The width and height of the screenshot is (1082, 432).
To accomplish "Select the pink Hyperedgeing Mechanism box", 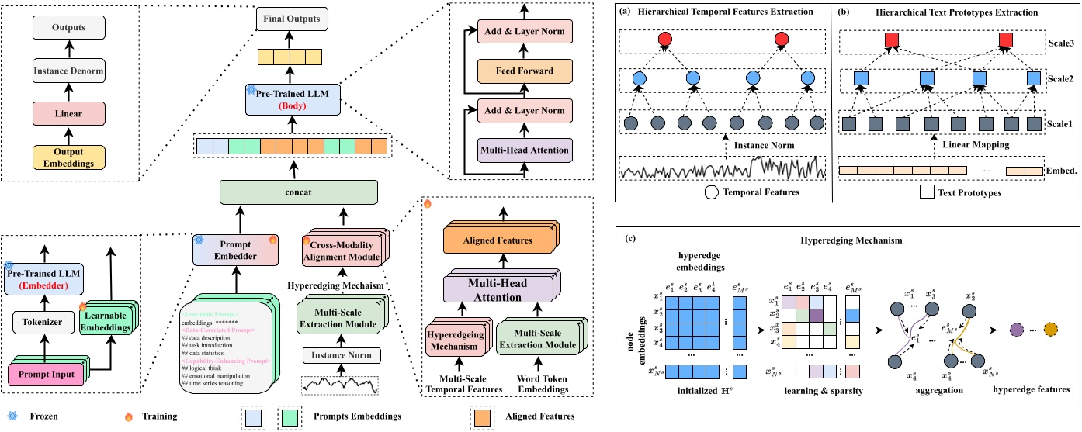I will pos(457,341).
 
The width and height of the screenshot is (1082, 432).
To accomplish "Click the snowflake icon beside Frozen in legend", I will pos(12,416).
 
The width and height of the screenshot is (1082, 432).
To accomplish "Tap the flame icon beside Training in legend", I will pos(128,416).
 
